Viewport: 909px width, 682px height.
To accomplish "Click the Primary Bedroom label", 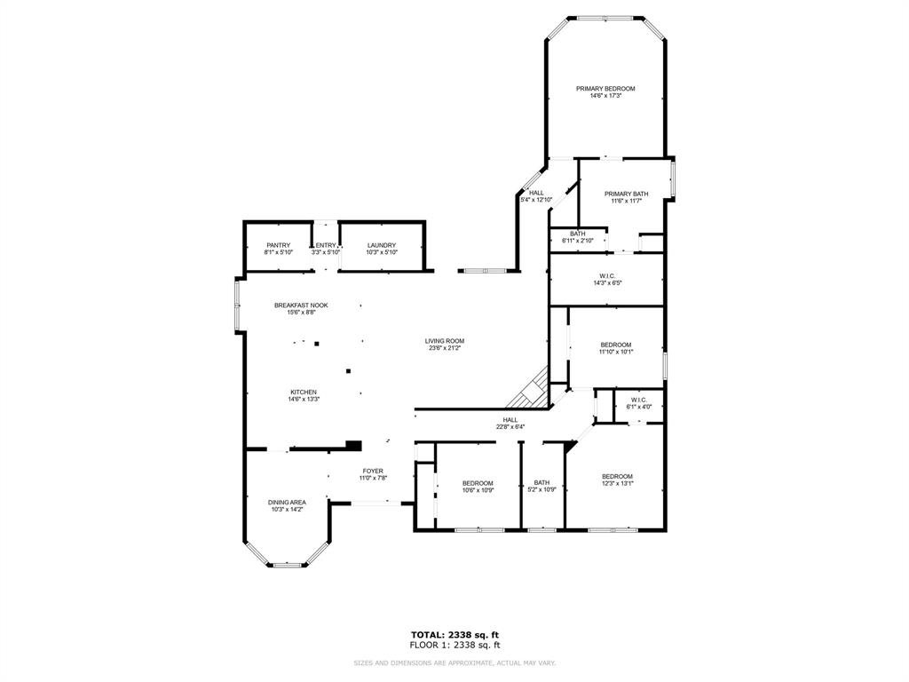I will (x=605, y=89).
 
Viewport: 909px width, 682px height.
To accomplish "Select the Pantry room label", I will (x=278, y=246).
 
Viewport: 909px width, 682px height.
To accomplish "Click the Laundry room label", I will (x=382, y=246).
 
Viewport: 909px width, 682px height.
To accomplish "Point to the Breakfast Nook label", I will (x=301, y=305).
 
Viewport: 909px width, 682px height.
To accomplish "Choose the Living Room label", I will (x=444, y=341).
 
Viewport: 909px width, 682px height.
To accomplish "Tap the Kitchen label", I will (x=303, y=393).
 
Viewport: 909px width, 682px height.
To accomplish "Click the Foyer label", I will (x=373, y=472).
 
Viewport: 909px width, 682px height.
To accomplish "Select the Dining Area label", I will (x=287, y=503).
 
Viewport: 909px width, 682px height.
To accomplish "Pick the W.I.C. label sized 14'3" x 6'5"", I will (x=608, y=276).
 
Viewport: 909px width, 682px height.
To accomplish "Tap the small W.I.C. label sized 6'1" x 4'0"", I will (x=639, y=400).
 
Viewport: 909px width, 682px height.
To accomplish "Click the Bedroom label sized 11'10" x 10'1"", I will (x=616, y=345).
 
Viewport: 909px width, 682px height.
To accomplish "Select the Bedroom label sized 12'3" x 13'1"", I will (x=617, y=476).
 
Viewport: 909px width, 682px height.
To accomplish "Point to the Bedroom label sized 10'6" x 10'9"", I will (x=478, y=483).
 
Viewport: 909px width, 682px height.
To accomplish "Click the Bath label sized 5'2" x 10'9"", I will (x=541, y=483).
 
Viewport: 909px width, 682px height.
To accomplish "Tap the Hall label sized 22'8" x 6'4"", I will (x=510, y=420).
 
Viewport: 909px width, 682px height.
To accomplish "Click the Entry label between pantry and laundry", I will (x=326, y=246).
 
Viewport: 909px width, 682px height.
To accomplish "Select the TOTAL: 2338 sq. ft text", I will (x=454, y=634).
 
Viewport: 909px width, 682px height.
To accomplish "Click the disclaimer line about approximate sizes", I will (x=454, y=662).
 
